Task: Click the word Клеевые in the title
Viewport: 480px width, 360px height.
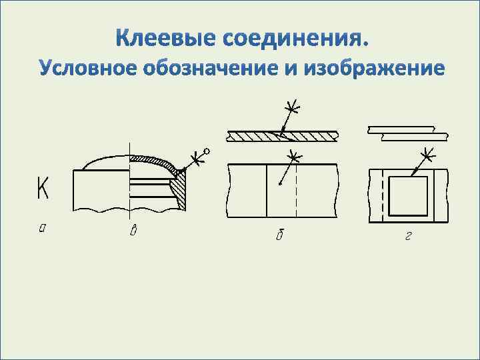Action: (165, 39)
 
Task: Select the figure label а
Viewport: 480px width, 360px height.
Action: (43, 229)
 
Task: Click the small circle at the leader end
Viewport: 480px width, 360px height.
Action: (207, 152)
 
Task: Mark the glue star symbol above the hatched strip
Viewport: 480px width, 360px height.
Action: (291, 107)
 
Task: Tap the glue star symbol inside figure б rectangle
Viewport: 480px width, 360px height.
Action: (293, 157)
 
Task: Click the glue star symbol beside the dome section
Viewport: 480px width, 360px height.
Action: (196, 159)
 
